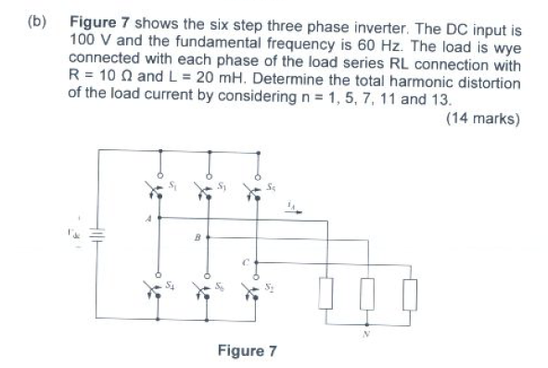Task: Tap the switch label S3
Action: point(223,188)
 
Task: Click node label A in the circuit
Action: point(145,220)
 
